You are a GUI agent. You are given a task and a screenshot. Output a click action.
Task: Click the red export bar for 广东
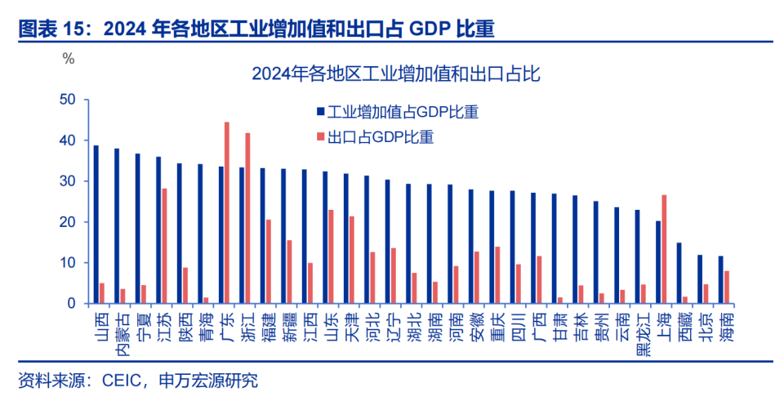[x=227, y=213]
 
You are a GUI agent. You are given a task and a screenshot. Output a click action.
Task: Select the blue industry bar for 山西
[x=96, y=225]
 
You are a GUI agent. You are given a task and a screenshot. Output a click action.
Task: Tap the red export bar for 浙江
[x=247, y=218]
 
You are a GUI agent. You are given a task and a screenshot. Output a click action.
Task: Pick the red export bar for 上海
[x=664, y=249]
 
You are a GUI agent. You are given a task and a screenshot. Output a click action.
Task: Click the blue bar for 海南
[x=720, y=280]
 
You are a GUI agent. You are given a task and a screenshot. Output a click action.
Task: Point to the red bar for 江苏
[x=164, y=246]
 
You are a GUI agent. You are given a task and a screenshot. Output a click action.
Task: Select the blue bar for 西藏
[x=679, y=274]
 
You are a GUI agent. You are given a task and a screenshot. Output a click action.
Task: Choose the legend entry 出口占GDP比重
[x=380, y=137]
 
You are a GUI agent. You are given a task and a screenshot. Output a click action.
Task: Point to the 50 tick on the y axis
[x=68, y=100]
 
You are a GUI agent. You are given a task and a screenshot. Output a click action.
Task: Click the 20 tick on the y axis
[x=68, y=222]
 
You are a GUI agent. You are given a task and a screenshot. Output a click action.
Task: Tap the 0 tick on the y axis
[x=72, y=304]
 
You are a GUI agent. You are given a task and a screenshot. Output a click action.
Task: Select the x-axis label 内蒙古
[x=121, y=333]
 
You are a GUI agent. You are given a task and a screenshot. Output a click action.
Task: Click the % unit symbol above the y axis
[x=69, y=59]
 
